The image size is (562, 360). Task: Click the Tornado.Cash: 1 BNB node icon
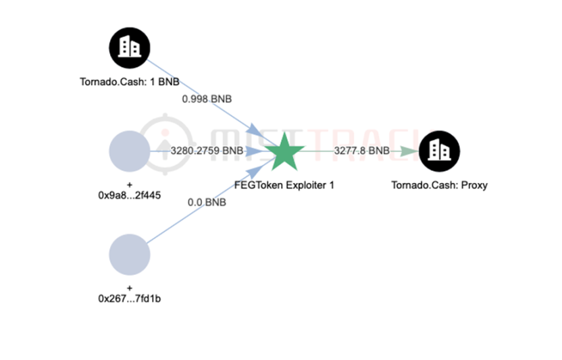click(x=129, y=47)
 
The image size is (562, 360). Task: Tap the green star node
click(x=284, y=152)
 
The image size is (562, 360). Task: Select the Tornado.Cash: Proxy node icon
click(x=439, y=151)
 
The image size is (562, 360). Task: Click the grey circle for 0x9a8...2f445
click(x=129, y=151)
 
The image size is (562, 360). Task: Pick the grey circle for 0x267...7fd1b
click(x=129, y=255)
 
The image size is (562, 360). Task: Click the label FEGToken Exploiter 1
click(x=284, y=184)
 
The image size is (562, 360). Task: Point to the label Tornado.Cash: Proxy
click(x=439, y=184)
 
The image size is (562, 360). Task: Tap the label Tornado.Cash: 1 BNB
click(x=129, y=82)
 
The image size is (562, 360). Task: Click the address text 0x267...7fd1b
click(x=129, y=299)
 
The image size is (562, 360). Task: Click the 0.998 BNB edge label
click(x=207, y=99)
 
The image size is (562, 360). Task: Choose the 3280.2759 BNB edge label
click(x=207, y=151)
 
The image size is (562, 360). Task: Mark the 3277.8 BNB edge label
click(x=362, y=151)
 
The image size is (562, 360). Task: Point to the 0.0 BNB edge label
click(x=207, y=201)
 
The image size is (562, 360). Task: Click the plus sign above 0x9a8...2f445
click(x=129, y=184)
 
